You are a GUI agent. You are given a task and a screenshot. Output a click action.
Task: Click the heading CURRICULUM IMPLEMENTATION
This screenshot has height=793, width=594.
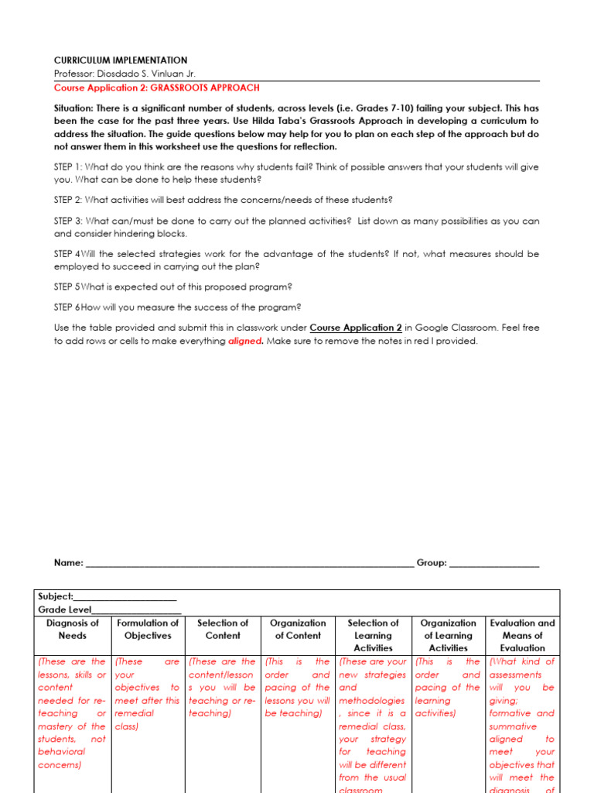(x=120, y=60)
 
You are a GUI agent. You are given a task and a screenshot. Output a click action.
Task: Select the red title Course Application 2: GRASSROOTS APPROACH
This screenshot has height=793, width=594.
(x=156, y=88)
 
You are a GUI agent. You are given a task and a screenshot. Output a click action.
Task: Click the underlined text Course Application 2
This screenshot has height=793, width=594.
(x=356, y=328)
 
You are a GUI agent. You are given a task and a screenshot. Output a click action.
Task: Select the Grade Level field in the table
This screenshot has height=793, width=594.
(x=109, y=609)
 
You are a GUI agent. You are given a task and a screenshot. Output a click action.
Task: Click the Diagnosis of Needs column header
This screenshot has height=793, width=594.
(x=73, y=629)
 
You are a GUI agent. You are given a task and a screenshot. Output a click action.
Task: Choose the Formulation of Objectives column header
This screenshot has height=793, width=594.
(x=147, y=629)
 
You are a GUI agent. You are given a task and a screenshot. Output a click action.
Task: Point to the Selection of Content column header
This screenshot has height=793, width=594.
(x=223, y=629)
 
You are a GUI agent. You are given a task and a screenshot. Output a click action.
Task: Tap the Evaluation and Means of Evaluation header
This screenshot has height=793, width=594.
(x=522, y=635)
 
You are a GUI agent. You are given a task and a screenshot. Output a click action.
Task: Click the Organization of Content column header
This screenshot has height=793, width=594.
(x=298, y=629)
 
